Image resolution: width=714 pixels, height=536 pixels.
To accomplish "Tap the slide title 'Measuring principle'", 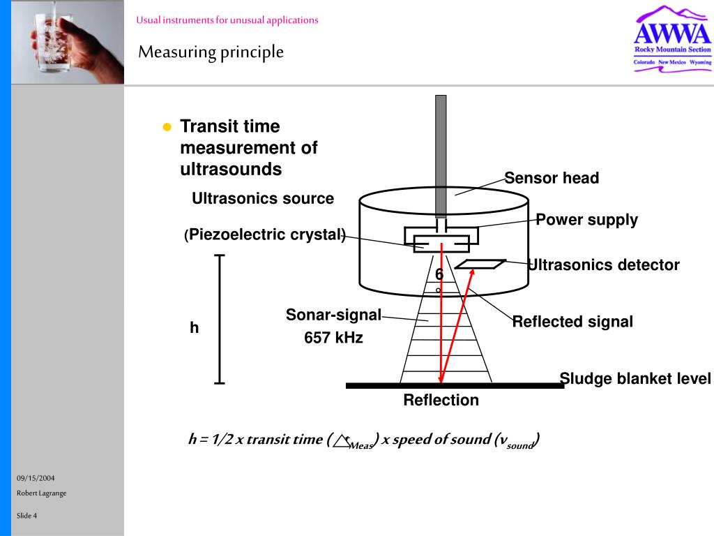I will pos(211,52).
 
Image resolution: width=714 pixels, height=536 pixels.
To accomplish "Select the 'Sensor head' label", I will pos(552,178).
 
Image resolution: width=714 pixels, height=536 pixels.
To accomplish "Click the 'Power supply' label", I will pos(586,220).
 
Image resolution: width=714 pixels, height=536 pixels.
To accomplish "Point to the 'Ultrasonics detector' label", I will pos(604,265).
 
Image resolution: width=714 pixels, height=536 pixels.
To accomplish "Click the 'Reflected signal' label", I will pos(572,322).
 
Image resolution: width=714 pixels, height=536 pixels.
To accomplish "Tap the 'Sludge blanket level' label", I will pos(635,379).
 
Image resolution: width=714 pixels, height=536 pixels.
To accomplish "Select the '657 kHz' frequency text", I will pos(333,338).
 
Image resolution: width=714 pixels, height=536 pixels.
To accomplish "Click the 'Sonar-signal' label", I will pos(333,315).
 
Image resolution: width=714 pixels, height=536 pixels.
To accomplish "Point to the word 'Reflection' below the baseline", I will pos(441,401).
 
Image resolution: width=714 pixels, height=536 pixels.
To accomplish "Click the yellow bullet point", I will pos(167,127).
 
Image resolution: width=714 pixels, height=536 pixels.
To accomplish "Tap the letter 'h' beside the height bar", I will pos(195,327).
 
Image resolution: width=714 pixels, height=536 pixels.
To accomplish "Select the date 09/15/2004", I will pos(36,478).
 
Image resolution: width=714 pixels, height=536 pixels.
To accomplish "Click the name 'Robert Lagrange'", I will pos(41,493).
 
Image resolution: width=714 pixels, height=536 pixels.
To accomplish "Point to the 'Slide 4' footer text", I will pos(27,516).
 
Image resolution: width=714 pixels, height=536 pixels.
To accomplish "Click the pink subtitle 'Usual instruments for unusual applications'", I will pos(227,20).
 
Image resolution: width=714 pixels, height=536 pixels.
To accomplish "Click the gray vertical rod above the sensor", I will pos(441,154).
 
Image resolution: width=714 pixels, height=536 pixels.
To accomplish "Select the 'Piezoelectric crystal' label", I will pos(267,234).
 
